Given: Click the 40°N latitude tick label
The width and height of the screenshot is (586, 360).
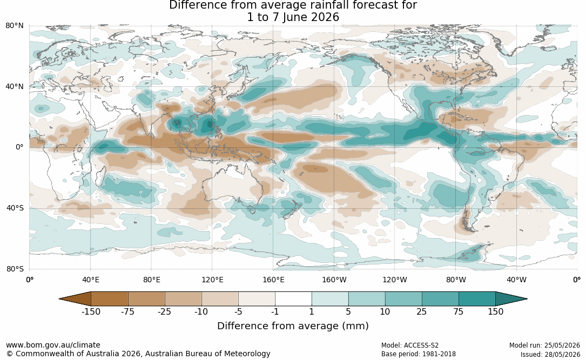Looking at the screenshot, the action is coord(14,87).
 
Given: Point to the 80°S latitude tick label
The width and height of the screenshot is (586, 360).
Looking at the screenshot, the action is coord(15,269).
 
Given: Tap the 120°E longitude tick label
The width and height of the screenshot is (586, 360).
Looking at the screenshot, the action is coord(212,280).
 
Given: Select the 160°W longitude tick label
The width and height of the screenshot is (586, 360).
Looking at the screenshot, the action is coord(334,280).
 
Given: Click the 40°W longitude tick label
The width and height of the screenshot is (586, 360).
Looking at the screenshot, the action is coord(516,280).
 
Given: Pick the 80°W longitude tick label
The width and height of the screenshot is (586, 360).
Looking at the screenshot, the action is coord(456,280).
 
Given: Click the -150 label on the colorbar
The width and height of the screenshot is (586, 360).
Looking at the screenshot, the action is coord(91,312).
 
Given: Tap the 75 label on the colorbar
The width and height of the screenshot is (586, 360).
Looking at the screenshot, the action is coord(459,312).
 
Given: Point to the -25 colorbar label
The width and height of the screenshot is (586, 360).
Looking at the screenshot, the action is coord(164,312).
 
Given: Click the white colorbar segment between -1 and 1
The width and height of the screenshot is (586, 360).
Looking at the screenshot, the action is coord(293,299).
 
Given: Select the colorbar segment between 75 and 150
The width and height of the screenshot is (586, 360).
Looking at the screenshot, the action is coord(477,299).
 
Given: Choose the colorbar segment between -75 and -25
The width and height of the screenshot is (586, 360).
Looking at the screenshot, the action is coord(146,299).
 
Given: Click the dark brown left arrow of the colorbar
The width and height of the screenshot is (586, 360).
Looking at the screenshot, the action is coord(77,299).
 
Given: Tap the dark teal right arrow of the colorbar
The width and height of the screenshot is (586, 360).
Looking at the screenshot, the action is coord(510,299).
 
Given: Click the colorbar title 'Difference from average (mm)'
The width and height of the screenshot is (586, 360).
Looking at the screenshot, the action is coord(293,326).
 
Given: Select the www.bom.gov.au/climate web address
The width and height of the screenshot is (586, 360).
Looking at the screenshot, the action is coord(53,345).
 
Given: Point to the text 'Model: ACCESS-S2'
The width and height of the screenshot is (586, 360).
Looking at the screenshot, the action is coord(410,345).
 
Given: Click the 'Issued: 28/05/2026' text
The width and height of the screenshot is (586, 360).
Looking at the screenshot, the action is coord(550,355).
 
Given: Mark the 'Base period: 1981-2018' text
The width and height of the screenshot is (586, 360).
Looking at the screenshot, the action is coord(419,354).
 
